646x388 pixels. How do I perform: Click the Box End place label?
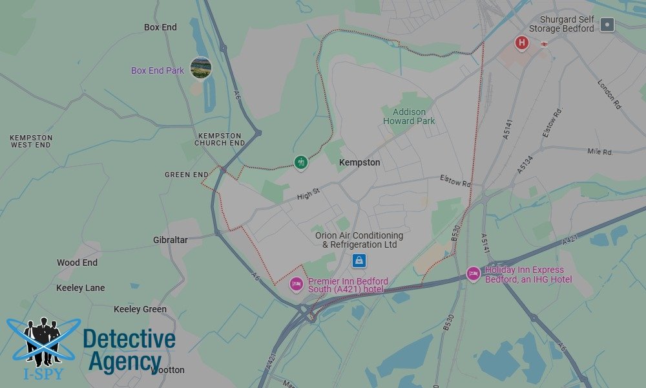[160, 28]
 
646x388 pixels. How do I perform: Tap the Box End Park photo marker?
[201, 68]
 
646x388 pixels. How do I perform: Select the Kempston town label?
[360, 163]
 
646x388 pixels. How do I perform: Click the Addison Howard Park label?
[409, 116]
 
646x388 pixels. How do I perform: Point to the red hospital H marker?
[521, 43]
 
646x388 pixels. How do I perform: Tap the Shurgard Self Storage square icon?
[607, 25]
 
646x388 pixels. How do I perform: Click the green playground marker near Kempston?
[300, 162]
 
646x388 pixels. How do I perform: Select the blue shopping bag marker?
[359, 261]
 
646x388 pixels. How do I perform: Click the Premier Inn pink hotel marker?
[297, 284]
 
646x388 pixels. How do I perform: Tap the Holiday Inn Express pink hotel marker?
[474, 274]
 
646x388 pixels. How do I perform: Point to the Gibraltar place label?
[171, 240]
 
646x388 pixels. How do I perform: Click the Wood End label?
[77, 263]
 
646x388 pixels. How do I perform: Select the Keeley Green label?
[140, 309]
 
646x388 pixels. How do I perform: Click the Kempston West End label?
[31, 142]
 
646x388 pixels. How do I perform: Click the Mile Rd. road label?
[600, 152]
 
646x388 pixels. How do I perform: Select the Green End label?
[187, 175]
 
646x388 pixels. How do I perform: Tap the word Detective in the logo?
[129, 339]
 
